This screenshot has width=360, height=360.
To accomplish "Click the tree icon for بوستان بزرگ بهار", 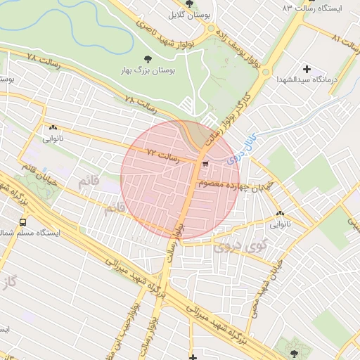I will coord(147,59).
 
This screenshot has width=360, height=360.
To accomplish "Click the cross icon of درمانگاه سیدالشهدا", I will coord(306,68).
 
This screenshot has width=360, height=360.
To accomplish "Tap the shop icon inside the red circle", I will coord(205,164).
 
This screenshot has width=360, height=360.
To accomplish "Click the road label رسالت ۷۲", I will coord(163,154).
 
